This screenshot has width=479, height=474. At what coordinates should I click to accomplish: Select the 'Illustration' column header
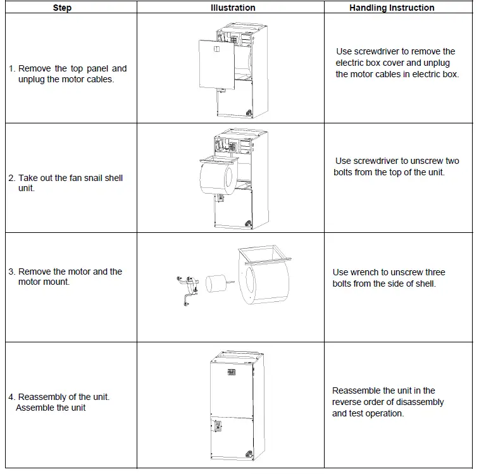233,8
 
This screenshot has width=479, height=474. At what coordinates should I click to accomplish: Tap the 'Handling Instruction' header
392,8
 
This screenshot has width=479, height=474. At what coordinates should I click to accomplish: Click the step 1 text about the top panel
68,74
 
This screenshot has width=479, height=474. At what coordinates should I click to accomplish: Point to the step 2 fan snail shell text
66,183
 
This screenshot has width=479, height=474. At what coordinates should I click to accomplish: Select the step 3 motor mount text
66,277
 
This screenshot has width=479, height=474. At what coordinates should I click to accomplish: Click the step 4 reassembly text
59,402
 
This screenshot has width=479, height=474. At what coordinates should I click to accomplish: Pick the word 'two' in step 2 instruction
452,161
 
